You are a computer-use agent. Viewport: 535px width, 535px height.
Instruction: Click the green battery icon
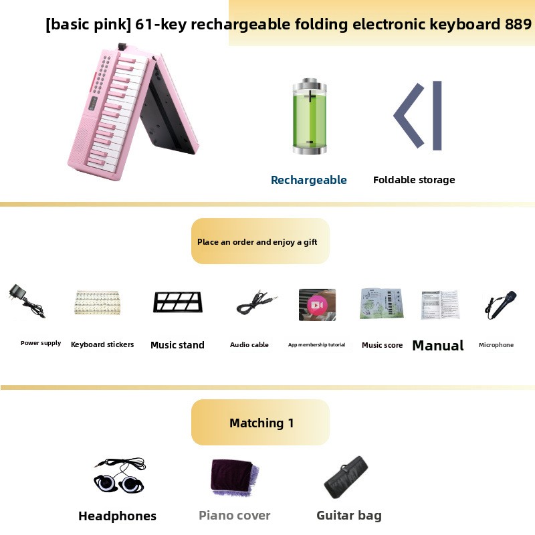click(310, 116)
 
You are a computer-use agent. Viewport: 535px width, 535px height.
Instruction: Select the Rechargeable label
click(309, 180)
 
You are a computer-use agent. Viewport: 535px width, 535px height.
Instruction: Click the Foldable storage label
click(414, 180)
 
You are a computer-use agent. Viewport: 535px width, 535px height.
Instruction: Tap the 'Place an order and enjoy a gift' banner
click(260, 241)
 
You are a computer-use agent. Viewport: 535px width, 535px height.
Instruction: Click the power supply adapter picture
click(27, 300)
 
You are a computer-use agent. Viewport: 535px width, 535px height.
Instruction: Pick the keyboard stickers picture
click(98, 302)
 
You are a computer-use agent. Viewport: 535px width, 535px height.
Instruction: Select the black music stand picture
click(177, 302)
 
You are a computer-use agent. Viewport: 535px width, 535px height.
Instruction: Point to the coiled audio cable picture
click(257, 302)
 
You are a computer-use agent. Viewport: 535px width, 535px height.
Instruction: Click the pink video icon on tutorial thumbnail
click(317, 305)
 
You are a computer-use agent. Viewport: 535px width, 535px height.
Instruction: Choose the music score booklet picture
click(382, 304)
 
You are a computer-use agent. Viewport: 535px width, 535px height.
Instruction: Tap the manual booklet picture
click(441, 305)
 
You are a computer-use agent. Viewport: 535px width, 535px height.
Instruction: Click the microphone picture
click(500, 305)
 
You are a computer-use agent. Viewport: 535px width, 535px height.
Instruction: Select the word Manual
click(438, 345)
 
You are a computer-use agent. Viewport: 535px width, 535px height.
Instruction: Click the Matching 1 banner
click(260, 423)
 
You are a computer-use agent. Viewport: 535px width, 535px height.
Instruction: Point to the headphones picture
click(120, 475)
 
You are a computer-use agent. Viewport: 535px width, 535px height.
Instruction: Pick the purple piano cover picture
click(235, 477)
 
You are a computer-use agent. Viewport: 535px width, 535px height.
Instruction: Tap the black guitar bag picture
click(346, 477)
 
